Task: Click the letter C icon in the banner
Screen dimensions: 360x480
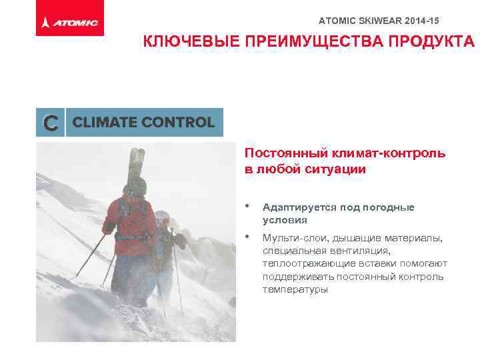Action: point(50,123)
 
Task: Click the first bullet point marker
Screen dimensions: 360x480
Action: point(248,207)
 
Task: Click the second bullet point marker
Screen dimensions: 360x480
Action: point(248,237)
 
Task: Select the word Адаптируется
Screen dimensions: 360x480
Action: point(299,207)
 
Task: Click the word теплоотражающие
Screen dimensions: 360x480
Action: point(304,264)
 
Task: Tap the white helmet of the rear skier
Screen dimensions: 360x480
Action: point(161,217)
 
